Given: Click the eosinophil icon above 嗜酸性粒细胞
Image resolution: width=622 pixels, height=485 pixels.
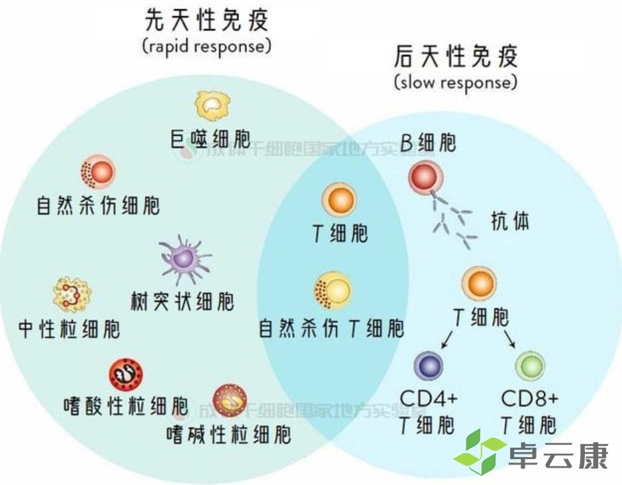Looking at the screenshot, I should click(125, 374).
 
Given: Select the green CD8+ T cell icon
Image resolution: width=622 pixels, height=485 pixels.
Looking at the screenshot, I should click(529, 366).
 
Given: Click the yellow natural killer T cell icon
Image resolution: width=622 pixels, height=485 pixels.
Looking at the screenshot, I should click(333, 290).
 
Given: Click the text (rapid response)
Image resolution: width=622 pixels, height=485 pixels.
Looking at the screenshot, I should click(207, 47).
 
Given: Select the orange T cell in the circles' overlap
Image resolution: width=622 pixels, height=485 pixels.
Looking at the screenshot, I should click(339, 200).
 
